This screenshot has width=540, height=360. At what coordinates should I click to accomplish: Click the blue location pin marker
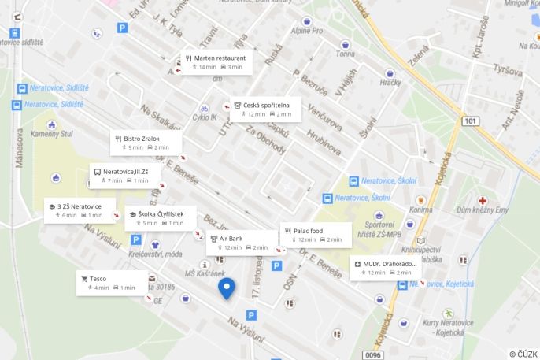227,288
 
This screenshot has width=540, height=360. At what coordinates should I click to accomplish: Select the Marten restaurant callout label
216,62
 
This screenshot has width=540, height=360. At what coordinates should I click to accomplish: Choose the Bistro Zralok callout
146,143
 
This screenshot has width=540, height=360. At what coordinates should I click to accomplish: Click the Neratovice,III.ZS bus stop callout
126,175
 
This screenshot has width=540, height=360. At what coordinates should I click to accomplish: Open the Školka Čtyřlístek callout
160,218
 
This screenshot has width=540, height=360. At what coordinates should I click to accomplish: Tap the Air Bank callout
241,242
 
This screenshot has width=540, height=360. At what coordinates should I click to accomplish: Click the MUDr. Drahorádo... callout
386,267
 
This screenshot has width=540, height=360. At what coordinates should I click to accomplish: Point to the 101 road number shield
470,121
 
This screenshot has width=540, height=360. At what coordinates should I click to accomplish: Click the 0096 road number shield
373,354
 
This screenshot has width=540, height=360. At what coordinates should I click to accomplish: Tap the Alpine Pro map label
307,31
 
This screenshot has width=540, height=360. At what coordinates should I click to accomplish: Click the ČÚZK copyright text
523,354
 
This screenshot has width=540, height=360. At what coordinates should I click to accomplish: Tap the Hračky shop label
390,82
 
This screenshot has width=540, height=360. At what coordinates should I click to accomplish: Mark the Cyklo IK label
205,117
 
